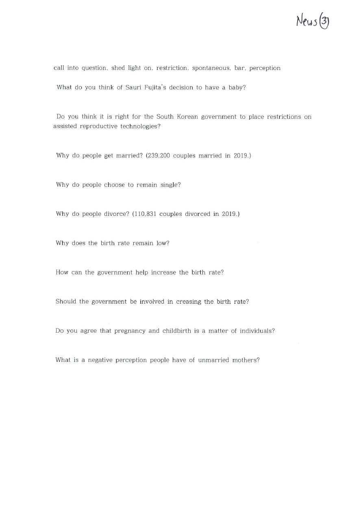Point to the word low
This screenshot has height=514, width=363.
(163, 243)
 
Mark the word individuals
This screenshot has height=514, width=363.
(256, 331)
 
